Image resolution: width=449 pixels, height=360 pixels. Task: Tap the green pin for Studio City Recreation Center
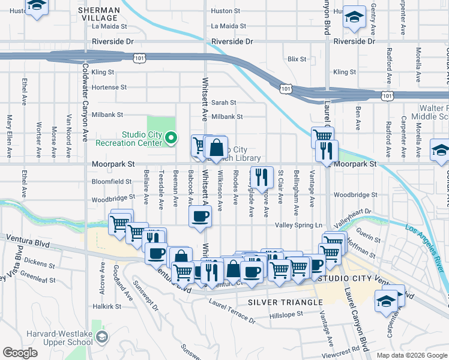[171, 139]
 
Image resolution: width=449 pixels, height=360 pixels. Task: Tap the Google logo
[19, 353]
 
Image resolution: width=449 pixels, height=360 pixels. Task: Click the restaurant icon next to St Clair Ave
[261, 176]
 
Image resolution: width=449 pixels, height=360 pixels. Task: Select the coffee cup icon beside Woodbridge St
[200, 215]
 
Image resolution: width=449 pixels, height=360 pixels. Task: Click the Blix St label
[297, 59]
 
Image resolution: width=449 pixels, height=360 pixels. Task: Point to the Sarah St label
[223, 103]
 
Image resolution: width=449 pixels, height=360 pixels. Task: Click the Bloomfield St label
[112, 181]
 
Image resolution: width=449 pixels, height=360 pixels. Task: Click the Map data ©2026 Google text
[411, 355]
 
